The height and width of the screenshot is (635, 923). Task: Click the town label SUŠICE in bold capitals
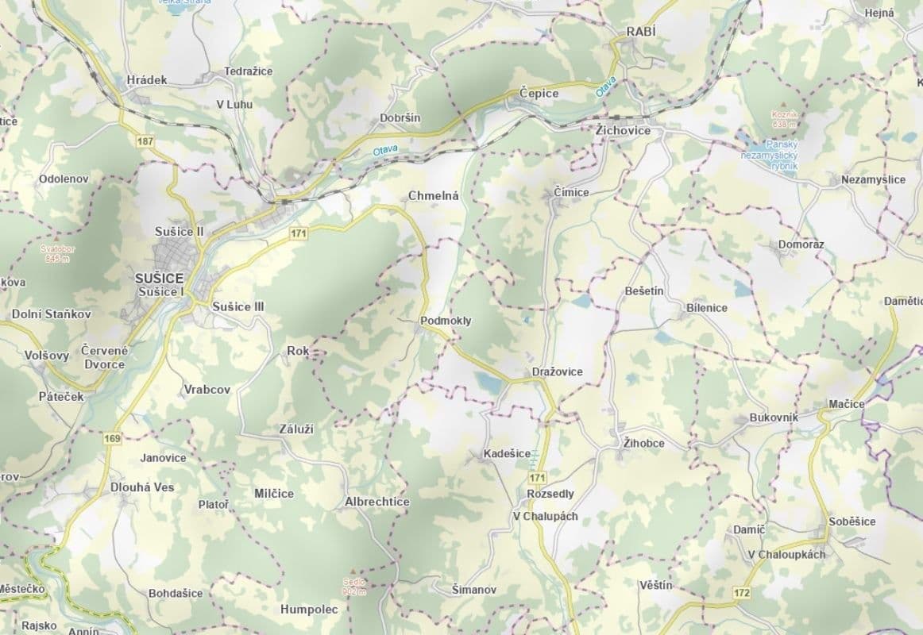tap(160, 278)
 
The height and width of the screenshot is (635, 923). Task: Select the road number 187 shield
tap(145, 141)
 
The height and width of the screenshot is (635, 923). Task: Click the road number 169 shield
tap(112, 437)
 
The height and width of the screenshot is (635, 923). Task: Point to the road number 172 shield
tap(742, 593)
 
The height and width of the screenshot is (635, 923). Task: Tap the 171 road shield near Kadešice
tap(538, 478)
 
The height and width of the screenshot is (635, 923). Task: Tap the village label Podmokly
tap(446, 321)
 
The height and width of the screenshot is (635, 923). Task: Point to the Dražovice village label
tap(557, 371)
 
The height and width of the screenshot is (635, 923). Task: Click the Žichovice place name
tap(623, 130)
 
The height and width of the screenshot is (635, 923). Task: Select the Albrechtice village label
tap(377, 502)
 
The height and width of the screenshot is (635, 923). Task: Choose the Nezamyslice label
tap(873, 179)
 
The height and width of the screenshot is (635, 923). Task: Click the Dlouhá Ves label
tap(142, 487)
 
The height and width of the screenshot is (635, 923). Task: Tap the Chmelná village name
tap(434, 195)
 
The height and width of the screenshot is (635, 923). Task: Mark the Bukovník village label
tap(774, 418)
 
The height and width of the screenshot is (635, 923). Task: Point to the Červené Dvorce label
tap(103, 357)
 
